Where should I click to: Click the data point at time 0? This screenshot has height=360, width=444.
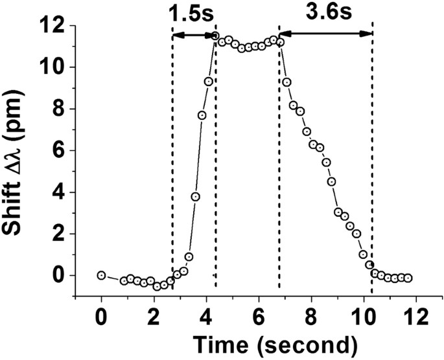click(x=101, y=275)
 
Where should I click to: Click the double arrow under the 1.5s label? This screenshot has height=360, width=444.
click(x=194, y=36)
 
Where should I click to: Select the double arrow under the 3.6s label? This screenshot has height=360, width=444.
click(x=325, y=35)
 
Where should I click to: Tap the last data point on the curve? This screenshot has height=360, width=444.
click(x=408, y=278)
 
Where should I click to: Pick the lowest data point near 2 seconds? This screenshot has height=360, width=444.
click(x=157, y=286)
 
